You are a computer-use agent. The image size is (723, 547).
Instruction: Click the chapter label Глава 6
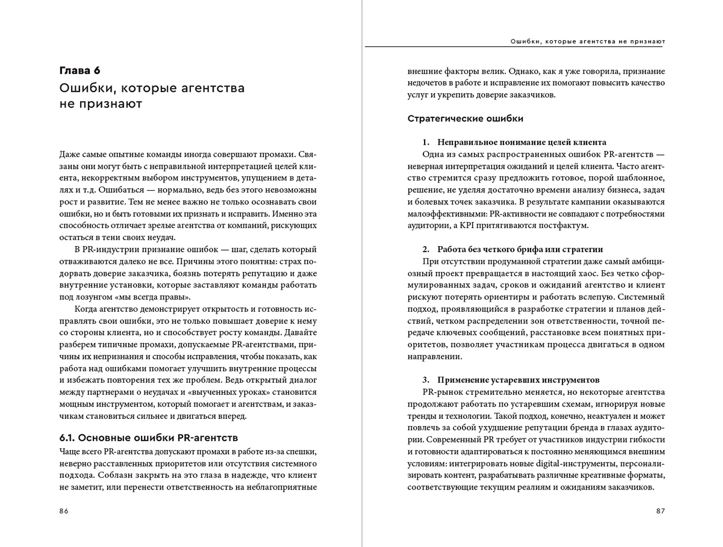80,71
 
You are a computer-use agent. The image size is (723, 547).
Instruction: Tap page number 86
64,511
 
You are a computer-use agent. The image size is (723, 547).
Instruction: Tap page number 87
660,511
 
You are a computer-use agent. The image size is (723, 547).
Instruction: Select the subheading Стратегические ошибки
465,119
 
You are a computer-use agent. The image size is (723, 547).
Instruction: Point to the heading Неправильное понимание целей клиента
521,143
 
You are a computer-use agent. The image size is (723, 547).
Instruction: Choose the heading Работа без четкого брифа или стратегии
520,250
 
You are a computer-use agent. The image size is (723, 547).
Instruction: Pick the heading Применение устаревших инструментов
518,380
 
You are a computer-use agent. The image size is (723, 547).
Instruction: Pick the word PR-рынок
443,392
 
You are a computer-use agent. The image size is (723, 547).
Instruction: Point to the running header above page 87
588,42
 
